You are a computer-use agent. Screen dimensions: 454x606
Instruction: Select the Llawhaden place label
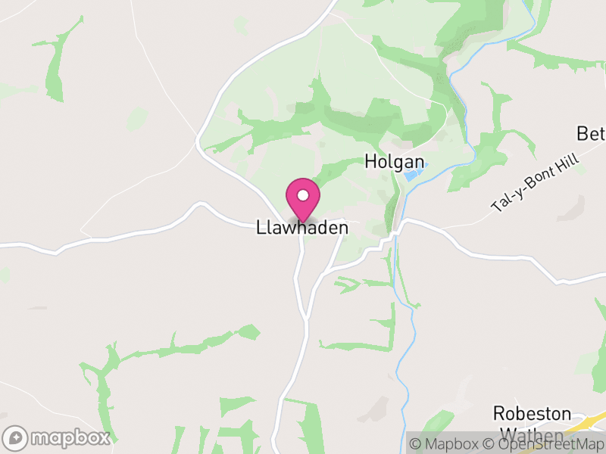302,228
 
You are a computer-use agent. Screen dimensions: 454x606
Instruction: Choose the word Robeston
532,413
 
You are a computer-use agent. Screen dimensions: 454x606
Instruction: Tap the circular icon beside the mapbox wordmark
17,437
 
